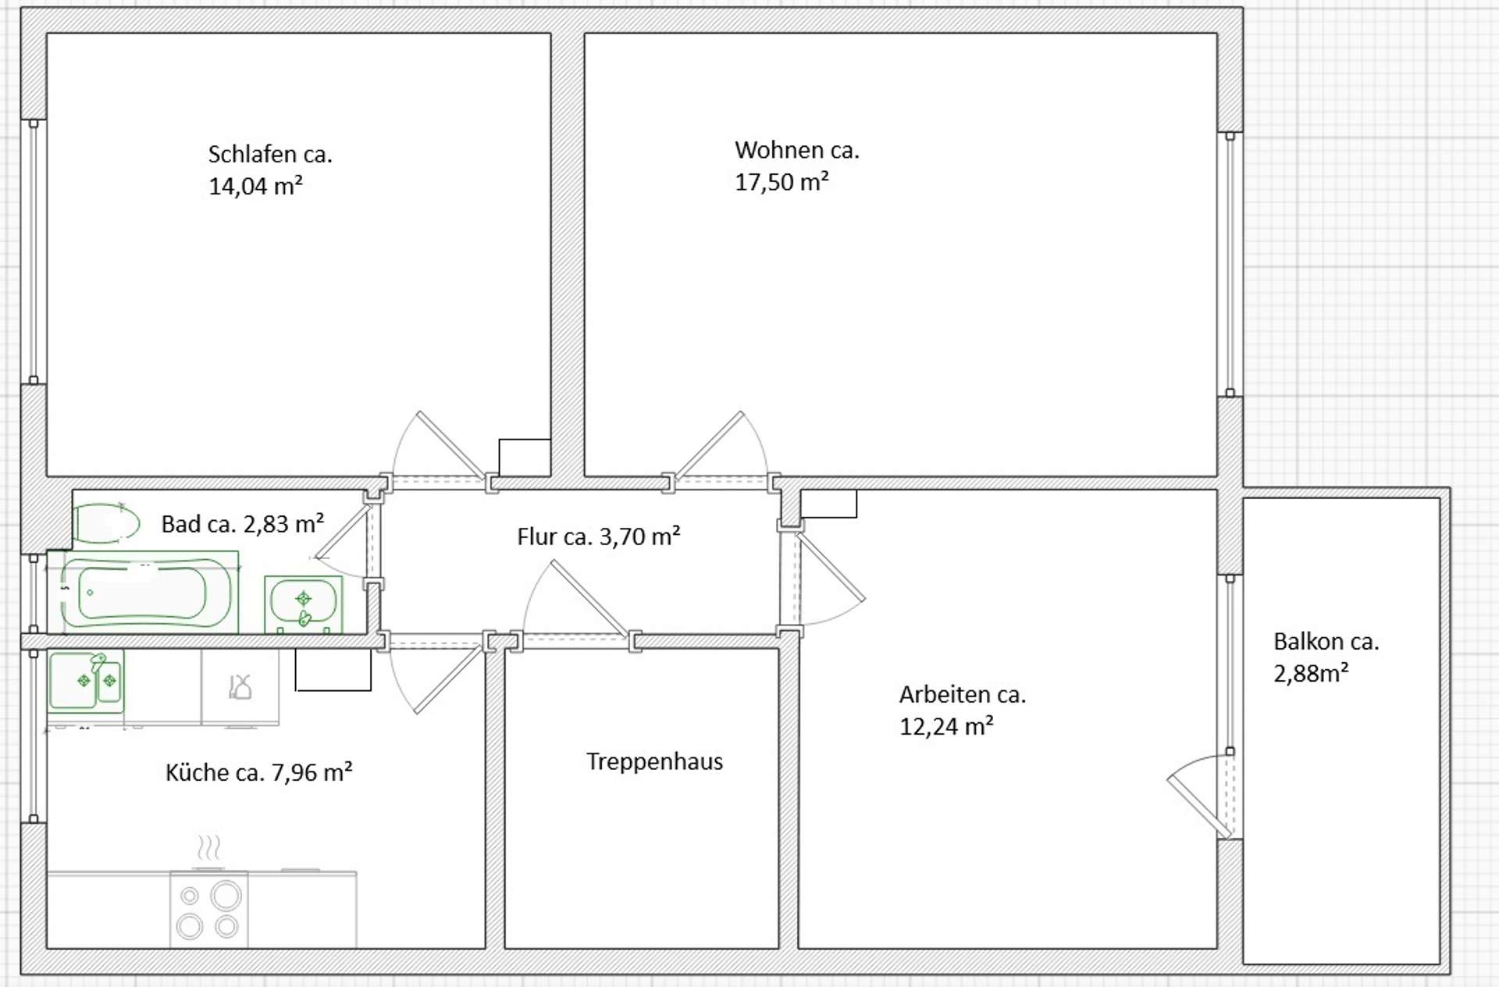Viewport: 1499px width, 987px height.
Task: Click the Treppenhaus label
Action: pyautogui.click(x=654, y=761)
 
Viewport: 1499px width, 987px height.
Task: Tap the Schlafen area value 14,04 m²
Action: pyautogui.click(x=255, y=186)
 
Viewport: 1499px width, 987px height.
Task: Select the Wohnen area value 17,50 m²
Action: pyautogui.click(x=782, y=182)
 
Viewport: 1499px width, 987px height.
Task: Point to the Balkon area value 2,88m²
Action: pyautogui.click(x=1311, y=673)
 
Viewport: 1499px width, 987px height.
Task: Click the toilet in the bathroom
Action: pyautogui.click(x=107, y=523)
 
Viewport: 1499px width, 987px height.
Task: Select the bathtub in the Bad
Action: pyautogui.click(x=147, y=592)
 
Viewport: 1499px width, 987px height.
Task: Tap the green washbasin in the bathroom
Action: pyautogui.click(x=304, y=604)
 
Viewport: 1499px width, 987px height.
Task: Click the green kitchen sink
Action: pyautogui.click(x=86, y=680)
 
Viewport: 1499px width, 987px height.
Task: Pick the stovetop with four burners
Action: pyautogui.click(x=209, y=910)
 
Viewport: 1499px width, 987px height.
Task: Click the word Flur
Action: pyautogui.click(x=537, y=537)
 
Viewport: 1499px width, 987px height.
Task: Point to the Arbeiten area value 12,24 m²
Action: pyautogui.click(x=946, y=727)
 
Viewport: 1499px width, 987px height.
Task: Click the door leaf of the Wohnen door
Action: pyautogui.click(x=709, y=445)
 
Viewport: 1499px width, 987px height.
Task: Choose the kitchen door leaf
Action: pyautogui.click(x=448, y=679)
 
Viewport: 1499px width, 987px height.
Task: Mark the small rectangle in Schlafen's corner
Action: pyautogui.click(x=525, y=458)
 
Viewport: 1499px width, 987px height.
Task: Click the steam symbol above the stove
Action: pyautogui.click(x=208, y=847)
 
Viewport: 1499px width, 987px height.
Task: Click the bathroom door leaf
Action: pyautogui.click(x=342, y=533)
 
